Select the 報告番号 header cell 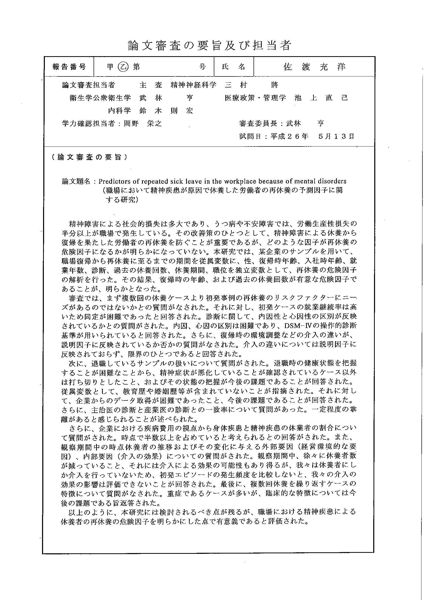[x=69, y=67]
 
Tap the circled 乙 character [x=123, y=67]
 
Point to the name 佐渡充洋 [x=315, y=67]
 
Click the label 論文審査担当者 [x=88, y=85]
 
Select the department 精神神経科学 [x=194, y=85]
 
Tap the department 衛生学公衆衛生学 [x=100, y=98]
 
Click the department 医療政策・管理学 [x=255, y=98]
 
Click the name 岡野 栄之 [x=143, y=123]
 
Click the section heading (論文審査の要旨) [x=89, y=157]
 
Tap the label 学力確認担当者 [x=88, y=123]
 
